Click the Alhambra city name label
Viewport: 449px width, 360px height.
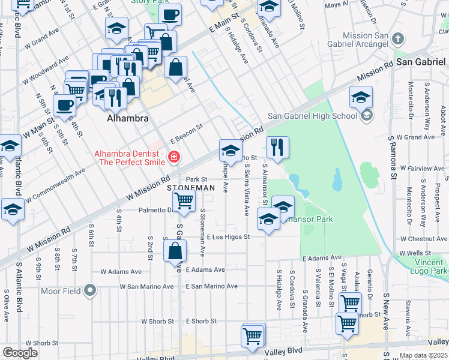(127, 119)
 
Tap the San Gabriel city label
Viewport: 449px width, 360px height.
(420, 62)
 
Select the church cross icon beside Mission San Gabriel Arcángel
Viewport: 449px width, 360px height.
(397, 40)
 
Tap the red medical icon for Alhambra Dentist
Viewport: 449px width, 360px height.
(174, 157)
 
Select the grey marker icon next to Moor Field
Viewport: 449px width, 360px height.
(90, 292)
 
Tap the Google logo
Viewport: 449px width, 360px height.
(20, 353)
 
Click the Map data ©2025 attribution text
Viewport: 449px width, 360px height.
(423, 355)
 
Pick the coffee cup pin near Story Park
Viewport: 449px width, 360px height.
(170, 14)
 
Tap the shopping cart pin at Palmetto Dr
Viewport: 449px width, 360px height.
(184, 200)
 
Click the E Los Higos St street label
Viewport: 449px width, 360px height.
(225, 236)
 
